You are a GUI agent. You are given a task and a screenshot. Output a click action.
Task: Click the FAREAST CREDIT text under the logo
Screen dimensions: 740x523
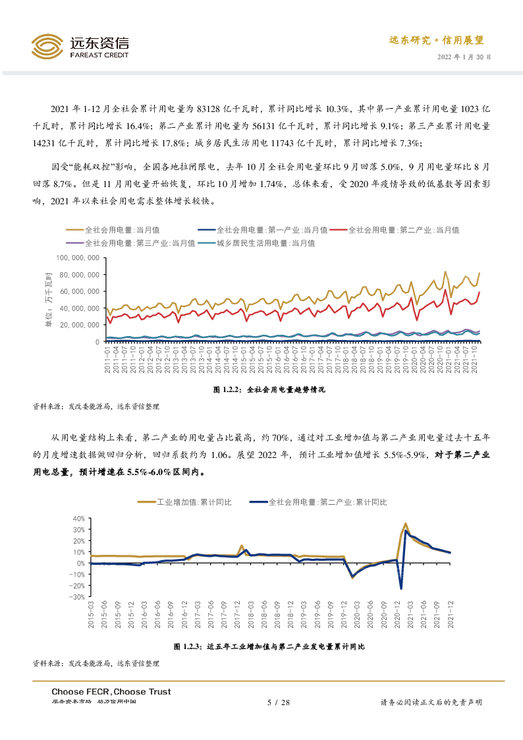pos(99,55)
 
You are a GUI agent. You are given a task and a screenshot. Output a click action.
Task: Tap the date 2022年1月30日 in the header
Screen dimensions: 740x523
pos(464,57)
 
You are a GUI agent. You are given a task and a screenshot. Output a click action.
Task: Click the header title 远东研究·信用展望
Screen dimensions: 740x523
pos(436,40)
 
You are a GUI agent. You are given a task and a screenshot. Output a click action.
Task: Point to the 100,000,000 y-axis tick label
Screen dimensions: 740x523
pos(78,258)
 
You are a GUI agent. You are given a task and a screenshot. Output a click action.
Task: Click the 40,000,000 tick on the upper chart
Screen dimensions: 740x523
pos(80,308)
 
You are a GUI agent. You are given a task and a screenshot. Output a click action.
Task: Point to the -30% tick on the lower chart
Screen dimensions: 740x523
pos(77,597)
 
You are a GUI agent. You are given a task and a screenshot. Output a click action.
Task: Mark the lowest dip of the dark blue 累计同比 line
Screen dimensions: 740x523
pos(401,588)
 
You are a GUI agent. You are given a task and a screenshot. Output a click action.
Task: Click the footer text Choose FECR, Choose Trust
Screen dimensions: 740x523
pos(111,691)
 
